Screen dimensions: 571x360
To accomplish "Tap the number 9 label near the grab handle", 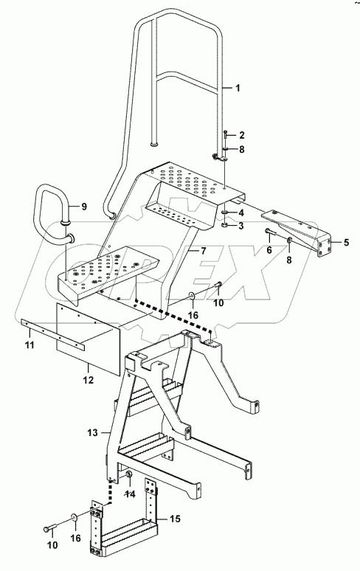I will click(x=83, y=207).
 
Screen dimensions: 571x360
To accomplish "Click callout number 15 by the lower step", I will click(x=176, y=519).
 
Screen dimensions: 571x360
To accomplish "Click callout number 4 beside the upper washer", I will click(x=240, y=213).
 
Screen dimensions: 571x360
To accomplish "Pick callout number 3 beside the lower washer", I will click(x=240, y=226).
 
